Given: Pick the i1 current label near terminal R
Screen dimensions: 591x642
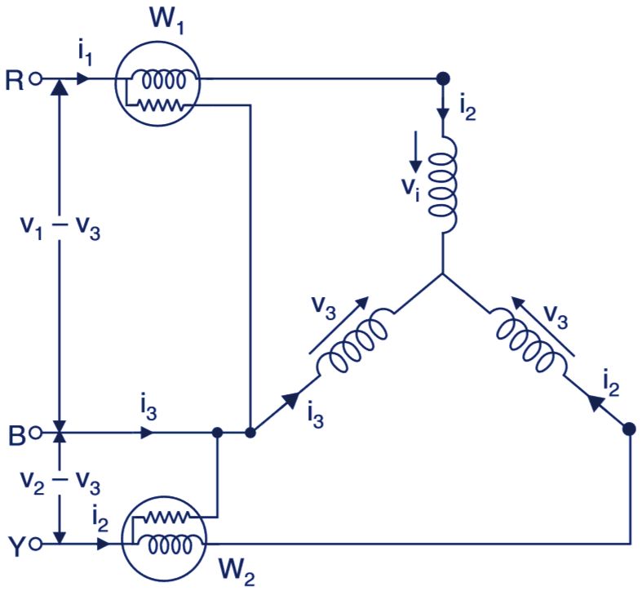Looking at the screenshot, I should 84,56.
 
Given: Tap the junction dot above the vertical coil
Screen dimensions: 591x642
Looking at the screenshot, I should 442,79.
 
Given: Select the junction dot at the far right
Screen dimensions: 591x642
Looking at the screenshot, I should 629,429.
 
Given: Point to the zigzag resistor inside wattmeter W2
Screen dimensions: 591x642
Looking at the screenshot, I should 167,518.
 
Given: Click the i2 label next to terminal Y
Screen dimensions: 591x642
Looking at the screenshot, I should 99,518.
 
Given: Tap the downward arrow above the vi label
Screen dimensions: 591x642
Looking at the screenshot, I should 416,152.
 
